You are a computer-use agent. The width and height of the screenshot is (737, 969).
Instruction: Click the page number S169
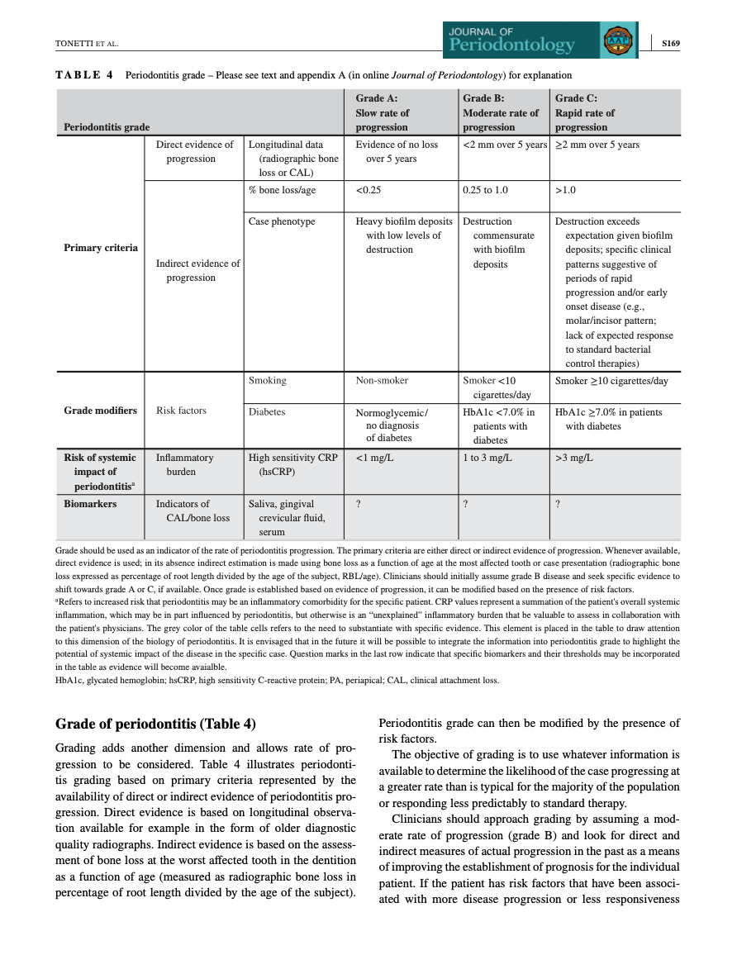point(669,43)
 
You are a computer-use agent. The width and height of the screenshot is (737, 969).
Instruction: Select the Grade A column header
point(382,112)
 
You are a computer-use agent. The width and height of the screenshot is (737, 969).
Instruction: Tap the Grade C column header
point(585,112)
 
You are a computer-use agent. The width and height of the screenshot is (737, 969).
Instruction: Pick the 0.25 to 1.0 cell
point(485,190)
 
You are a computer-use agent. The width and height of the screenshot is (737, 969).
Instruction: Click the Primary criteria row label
point(100,248)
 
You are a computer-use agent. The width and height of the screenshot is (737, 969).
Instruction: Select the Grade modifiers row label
point(100,411)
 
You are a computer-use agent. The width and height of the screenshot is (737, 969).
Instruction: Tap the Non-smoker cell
point(382,381)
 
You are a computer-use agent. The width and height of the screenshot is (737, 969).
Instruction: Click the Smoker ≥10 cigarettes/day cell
point(611,381)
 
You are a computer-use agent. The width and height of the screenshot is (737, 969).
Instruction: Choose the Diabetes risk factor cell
point(267,411)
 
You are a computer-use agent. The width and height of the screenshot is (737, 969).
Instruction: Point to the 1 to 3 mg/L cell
point(487,458)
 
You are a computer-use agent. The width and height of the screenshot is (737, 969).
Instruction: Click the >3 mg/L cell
point(573,458)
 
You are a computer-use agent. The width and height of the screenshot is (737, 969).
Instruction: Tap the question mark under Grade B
point(466,504)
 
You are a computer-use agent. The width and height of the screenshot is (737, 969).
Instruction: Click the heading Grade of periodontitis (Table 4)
point(155,724)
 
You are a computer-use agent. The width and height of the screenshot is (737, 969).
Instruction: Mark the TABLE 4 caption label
point(84,75)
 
